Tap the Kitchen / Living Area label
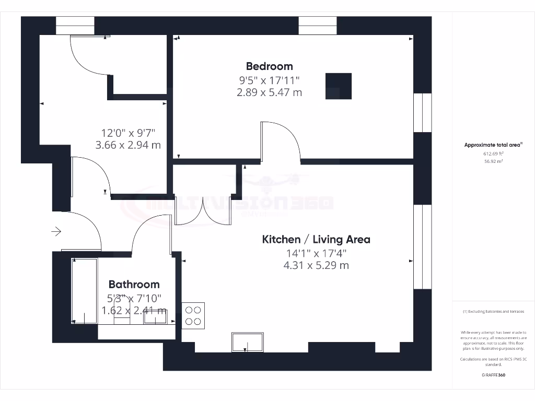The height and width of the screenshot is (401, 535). click(x=316, y=240)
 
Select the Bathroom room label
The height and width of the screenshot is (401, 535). click(x=134, y=285)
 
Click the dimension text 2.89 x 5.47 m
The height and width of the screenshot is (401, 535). click(x=269, y=92)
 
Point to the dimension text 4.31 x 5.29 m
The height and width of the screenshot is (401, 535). click(x=316, y=265)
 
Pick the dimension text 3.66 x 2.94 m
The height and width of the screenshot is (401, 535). click(x=128, y=145)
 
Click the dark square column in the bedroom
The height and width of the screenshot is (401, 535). click(x=339, y=86)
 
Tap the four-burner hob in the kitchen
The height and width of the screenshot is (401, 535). click(x=193, y=315)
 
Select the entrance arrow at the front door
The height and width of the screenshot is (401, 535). click(x=56, y=231)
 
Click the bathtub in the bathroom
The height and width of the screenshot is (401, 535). click(x=84, y=290)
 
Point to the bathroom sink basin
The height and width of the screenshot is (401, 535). click(x=155, y=316)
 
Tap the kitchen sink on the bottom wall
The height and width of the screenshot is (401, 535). click(x=247, y=342)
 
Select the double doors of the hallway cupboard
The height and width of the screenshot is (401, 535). click(x=203, y=213)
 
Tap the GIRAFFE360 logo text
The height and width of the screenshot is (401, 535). click(x=493, y=375)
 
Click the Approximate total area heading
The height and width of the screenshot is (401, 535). click(x=493, y=145)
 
